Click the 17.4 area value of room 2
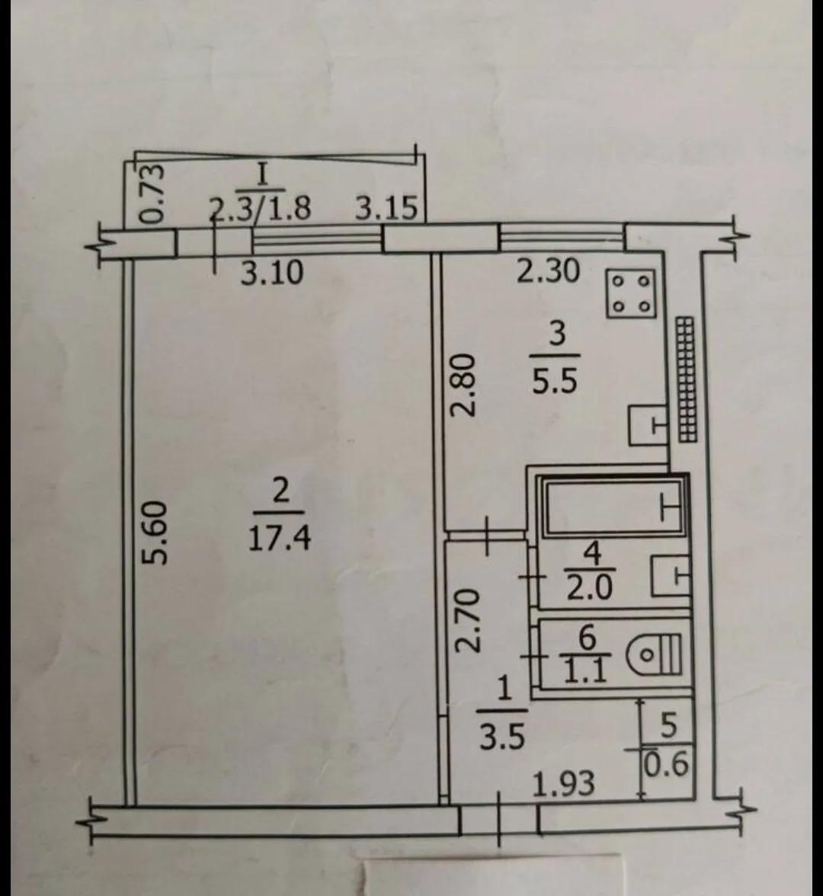[x=280, y=538]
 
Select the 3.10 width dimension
[x=271, y=273]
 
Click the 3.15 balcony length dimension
[x=386, y=208]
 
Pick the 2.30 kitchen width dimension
[x=549, y=271]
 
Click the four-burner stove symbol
[x=632, y=294]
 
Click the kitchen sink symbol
[x=648, y=424]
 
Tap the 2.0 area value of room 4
[x=589, y=587]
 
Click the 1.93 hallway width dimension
[x=564, y=783]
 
